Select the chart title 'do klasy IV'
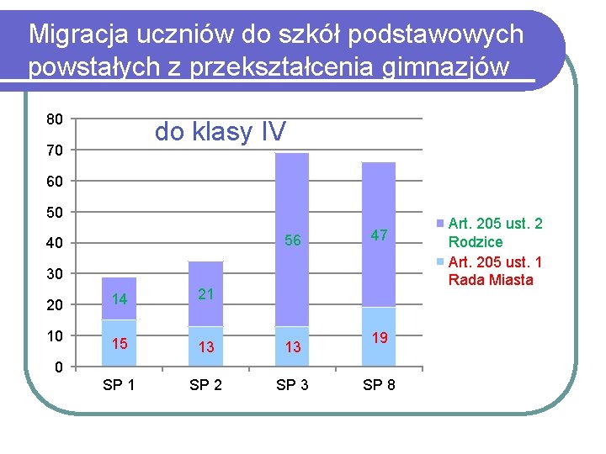point(220,131)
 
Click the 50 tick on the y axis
point(54,212)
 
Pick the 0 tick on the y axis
point(57,367)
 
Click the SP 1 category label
point(120,386)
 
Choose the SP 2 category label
point(206,386)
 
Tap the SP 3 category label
point(292,386)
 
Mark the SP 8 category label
point(379,386)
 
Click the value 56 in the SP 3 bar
point(292,241)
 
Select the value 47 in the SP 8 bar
point(379,235)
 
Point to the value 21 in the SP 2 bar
point(206,293)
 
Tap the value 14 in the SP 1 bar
point(120,298)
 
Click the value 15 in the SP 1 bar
point(120,344)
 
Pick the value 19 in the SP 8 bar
point(379,338)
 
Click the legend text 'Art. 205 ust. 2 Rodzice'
point(495,233)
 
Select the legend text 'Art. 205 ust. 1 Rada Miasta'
point(495,271)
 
